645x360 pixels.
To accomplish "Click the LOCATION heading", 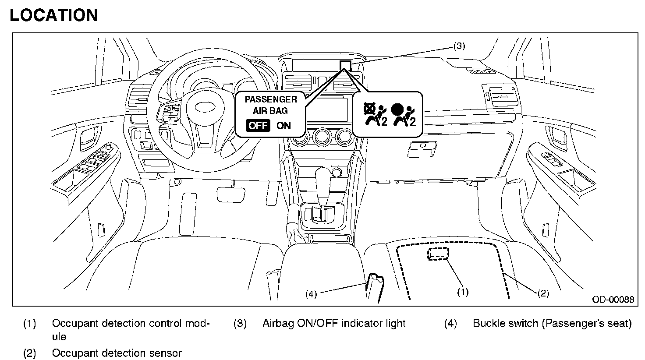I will (53, 15).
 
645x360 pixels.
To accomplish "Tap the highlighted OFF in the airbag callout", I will (258, 125).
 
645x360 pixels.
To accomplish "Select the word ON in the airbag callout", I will (284, 125).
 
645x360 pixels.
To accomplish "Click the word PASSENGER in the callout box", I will (270, 99).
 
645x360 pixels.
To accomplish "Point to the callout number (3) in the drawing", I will (458, 46).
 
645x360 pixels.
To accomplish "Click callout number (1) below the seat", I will (463, 292).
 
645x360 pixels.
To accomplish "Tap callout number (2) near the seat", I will (543, 293).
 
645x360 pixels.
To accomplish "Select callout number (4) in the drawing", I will (311, 294).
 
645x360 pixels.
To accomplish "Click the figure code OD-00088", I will (613, 300).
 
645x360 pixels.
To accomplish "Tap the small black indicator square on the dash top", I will (345, 65).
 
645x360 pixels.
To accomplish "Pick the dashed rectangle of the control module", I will (438, 254).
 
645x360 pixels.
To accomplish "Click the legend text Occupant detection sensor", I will (117, 353).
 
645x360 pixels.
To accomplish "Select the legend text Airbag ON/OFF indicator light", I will (334, 324).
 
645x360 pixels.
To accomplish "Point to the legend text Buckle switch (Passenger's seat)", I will (552, 324).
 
